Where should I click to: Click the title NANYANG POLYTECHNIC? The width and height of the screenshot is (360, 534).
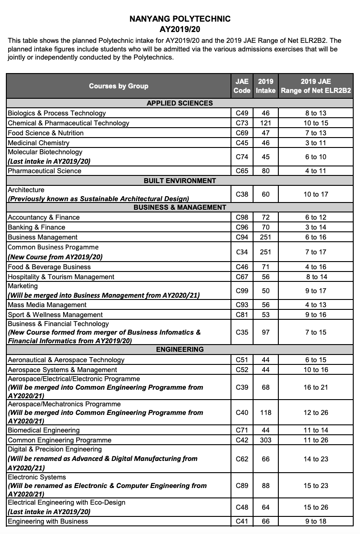click(180, 19)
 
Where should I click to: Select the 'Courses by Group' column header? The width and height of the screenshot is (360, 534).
click(119, 86)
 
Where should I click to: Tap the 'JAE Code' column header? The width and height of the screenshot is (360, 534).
click(242, 86)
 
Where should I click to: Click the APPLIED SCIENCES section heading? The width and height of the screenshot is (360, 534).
click(180, 103)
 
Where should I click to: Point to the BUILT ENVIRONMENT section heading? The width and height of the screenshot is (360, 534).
click(180, 181)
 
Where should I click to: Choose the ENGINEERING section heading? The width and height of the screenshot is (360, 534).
click(180, 350)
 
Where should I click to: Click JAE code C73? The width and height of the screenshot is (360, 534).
click(242, 123)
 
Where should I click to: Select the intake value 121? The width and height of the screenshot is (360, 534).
click(265, 123)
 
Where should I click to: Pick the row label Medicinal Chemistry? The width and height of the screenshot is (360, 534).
click(39, 143)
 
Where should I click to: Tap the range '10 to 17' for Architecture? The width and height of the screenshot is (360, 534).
click(316, 194)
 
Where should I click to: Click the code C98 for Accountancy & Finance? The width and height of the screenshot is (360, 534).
click(242, 217)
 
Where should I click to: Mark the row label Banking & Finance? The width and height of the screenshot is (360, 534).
click(37, 227)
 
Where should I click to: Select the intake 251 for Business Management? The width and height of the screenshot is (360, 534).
click(265, 237)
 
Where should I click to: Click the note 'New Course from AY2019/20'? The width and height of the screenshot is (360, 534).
click(55, 257)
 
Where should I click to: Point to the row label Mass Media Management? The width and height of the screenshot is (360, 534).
click(47, 305)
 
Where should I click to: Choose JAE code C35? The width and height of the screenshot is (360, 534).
click(242, 332)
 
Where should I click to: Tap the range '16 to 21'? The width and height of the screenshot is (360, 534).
click(316, 387)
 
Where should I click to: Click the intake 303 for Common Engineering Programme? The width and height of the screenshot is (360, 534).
click(265, 440)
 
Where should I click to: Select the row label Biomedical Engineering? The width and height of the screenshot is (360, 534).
click(44, 430)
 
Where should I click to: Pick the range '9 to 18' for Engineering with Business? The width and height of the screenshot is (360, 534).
click(316, 521)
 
